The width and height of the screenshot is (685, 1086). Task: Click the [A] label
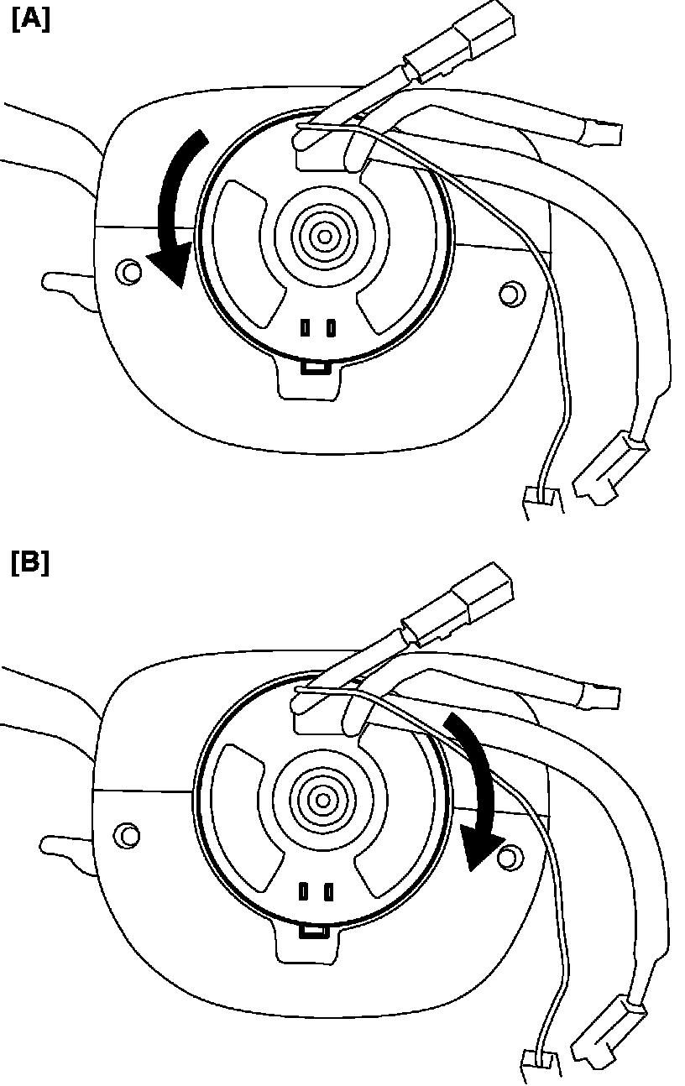click(31, 20)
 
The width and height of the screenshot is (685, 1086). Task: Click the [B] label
click(31, 562)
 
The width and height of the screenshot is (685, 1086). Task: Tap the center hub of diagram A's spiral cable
click(324, 237)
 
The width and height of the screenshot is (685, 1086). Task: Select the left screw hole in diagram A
click(128, 271)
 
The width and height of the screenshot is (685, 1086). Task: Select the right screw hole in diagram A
click(510, 294)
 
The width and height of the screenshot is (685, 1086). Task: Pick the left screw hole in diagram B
click(128, 835)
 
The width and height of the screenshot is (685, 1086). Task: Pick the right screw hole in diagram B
click(507, 856)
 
